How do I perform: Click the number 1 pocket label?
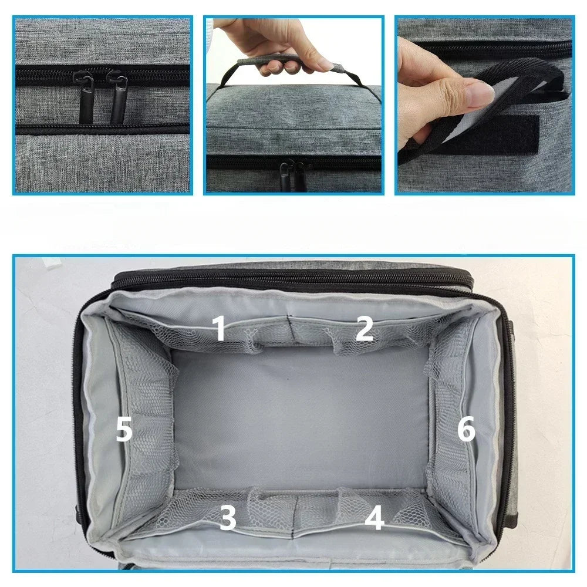(x=220, y=329)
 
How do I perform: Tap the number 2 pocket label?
(x=364, y=329)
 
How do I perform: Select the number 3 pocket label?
(x=228, y=518)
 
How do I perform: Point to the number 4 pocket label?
(x=374, y=519)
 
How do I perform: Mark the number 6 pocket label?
(x=466, y=430)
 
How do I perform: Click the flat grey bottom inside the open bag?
(x=299, y=417)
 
